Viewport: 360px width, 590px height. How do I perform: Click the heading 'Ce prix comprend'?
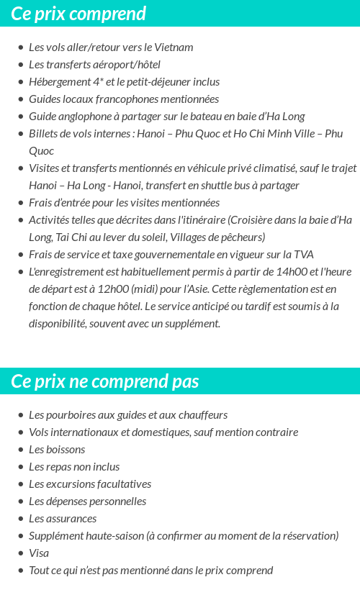point(78,14)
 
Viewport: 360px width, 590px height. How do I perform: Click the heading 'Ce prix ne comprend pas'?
point(105,381)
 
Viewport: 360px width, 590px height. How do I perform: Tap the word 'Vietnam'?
point(174,47)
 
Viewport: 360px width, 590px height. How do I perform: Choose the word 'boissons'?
point(66,450)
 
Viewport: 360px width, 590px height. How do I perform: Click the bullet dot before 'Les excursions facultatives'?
point(21,484)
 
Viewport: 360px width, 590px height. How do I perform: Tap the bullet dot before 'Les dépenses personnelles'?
point(21,501)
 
